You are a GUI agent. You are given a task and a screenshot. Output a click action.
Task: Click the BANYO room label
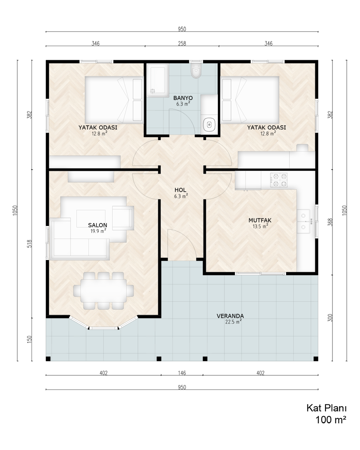[x=183, y=98]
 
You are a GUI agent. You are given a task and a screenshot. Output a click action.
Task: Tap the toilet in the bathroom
[x=196, y=70]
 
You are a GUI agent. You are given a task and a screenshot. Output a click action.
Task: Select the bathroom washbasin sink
[x=209, y=125]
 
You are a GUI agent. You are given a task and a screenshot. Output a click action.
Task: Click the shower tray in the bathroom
[x=158, y=80]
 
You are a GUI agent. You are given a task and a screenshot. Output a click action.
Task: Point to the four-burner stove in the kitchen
[x=279, y=180]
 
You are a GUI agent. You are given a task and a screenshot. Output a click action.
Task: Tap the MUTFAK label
[x=260, y=220]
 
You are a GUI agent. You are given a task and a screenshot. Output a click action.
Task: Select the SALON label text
[x=97, y=225]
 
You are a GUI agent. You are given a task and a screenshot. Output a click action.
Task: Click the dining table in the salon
[x=104, y=291]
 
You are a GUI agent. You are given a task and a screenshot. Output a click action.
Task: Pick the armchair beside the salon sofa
[x=123, y=218]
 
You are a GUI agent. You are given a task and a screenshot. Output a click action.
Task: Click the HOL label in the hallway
[x=180, y=190]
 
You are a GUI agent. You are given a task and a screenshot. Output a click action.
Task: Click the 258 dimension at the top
[x=182, y=43]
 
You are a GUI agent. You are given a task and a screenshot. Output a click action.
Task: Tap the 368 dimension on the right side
[x=330, y=222]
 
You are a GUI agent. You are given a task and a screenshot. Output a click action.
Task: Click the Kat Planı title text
[x=327, y=408]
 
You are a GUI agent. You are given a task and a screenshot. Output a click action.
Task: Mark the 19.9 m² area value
[x=98, y=231]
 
